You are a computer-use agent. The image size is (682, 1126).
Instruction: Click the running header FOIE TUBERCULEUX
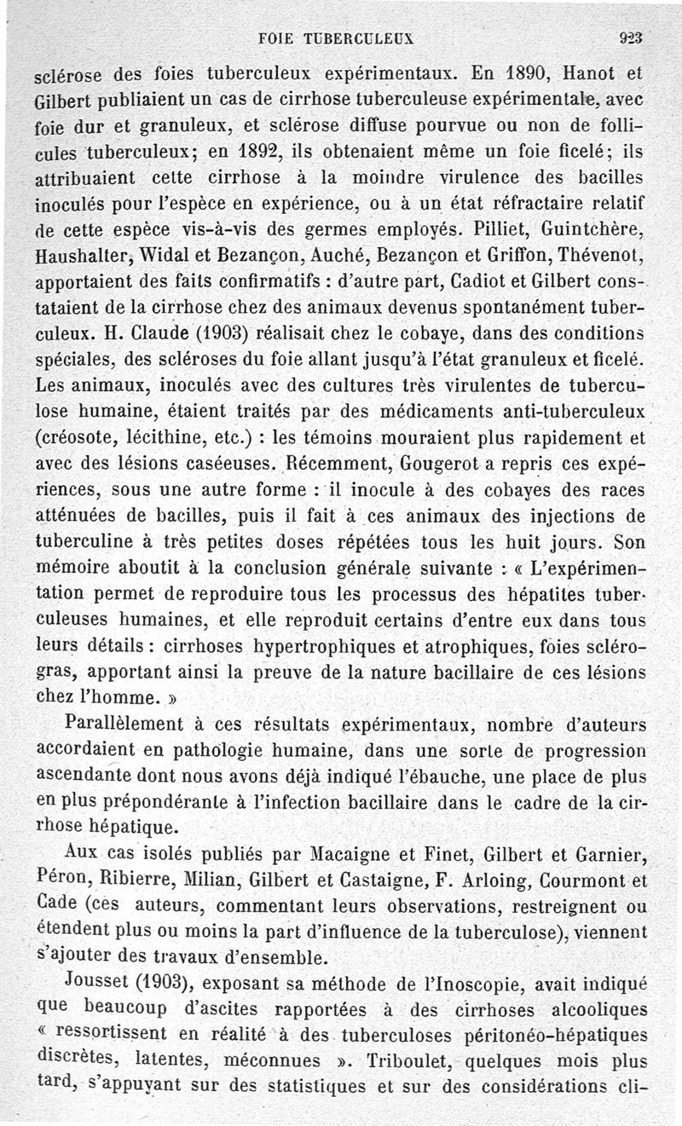pyautogui.click(x=341, y=38)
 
